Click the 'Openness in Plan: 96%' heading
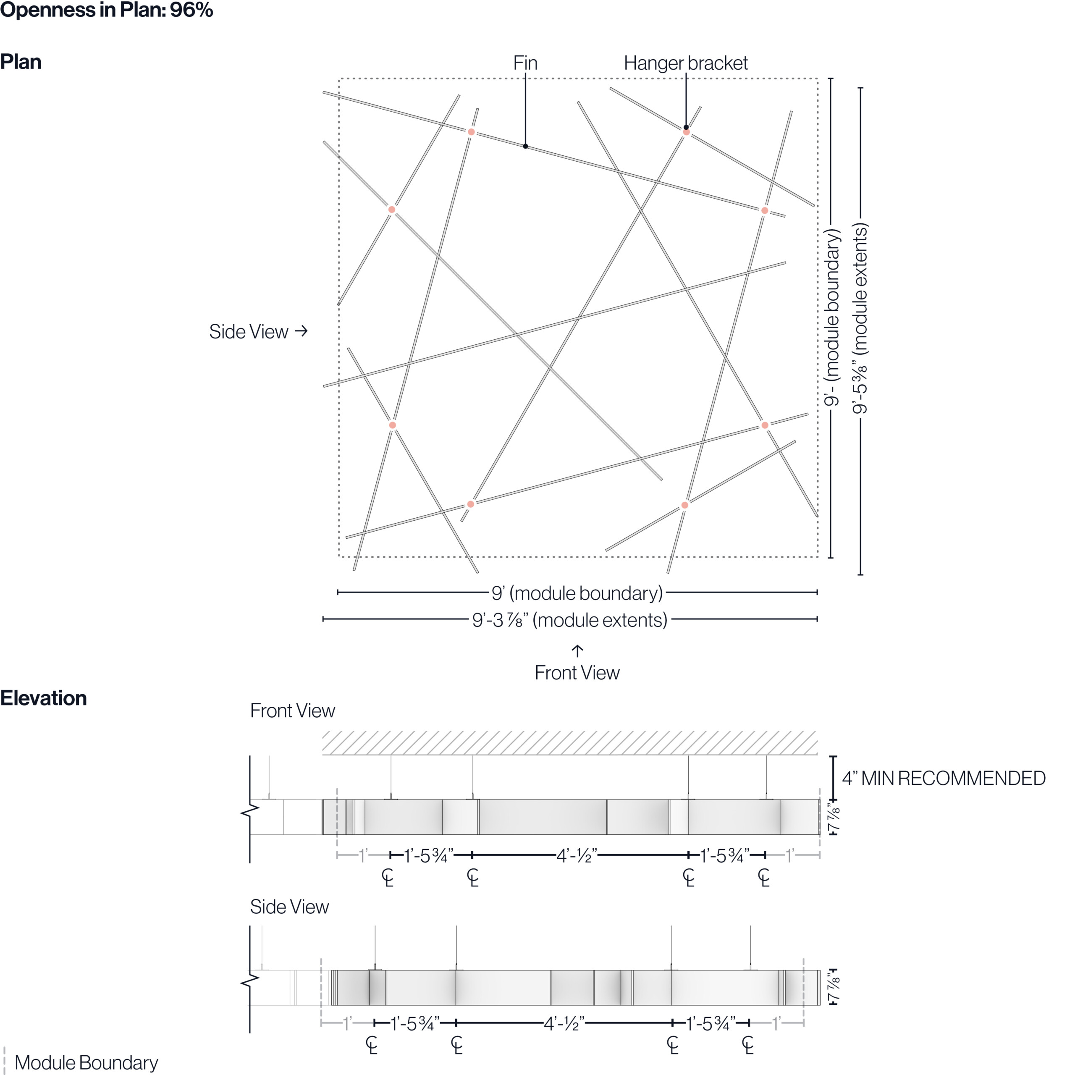click(x=106, y=10)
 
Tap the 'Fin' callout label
click(x=525, y=63)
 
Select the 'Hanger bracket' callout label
click(x=685, y=63)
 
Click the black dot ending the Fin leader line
click(x=525, y=146)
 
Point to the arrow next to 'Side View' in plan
click(x=301, y=331)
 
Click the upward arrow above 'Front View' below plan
click(x=577, y=650)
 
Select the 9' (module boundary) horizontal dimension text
click(x=577, y=593)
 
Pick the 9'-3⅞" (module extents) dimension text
click(x=569, y=620)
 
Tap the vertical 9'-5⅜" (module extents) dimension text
click(x=860, y=318)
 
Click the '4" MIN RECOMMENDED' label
click(x=943, y=778)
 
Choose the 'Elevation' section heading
click(x=43, y=698)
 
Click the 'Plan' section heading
click(x=21, y=62)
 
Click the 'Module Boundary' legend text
click(x=86, y=1062)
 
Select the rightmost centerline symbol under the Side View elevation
click(x=748, y=1045)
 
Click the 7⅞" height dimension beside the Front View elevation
click(x=833, y=817)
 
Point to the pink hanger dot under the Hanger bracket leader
click(x=686, y=132)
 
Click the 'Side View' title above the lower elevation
click(x=289, y=907)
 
